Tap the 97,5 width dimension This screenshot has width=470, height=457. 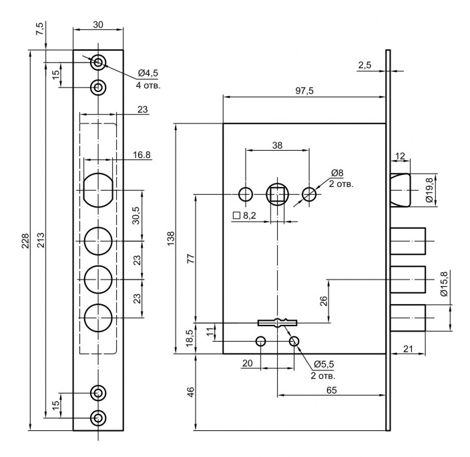tap(304, 91)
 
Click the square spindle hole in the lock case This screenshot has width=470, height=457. tap(277, 194)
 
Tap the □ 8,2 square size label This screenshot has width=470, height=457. tap(246, 215)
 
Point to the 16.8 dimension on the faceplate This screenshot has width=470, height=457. tap(141, 155)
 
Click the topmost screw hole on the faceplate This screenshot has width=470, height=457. tap(98, 63)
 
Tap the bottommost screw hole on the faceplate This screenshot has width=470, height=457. tap(98, 418)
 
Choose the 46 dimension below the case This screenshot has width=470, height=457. tap(190, 392)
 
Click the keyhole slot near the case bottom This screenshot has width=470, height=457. tap(277, 322)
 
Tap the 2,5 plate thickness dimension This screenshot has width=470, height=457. tap(365, 65)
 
